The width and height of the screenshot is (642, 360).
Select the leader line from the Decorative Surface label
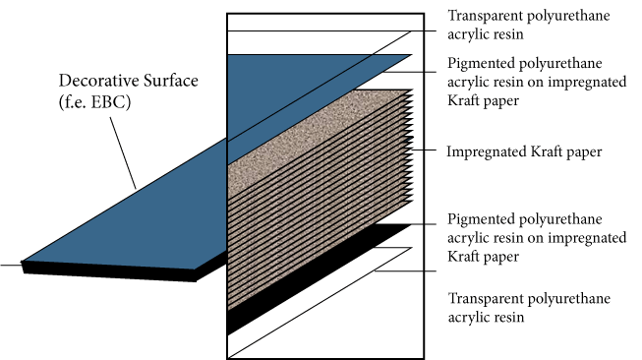point(119,148)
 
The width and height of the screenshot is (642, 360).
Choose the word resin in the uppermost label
point(511,32)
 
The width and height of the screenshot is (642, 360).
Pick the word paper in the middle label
point(580,152)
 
